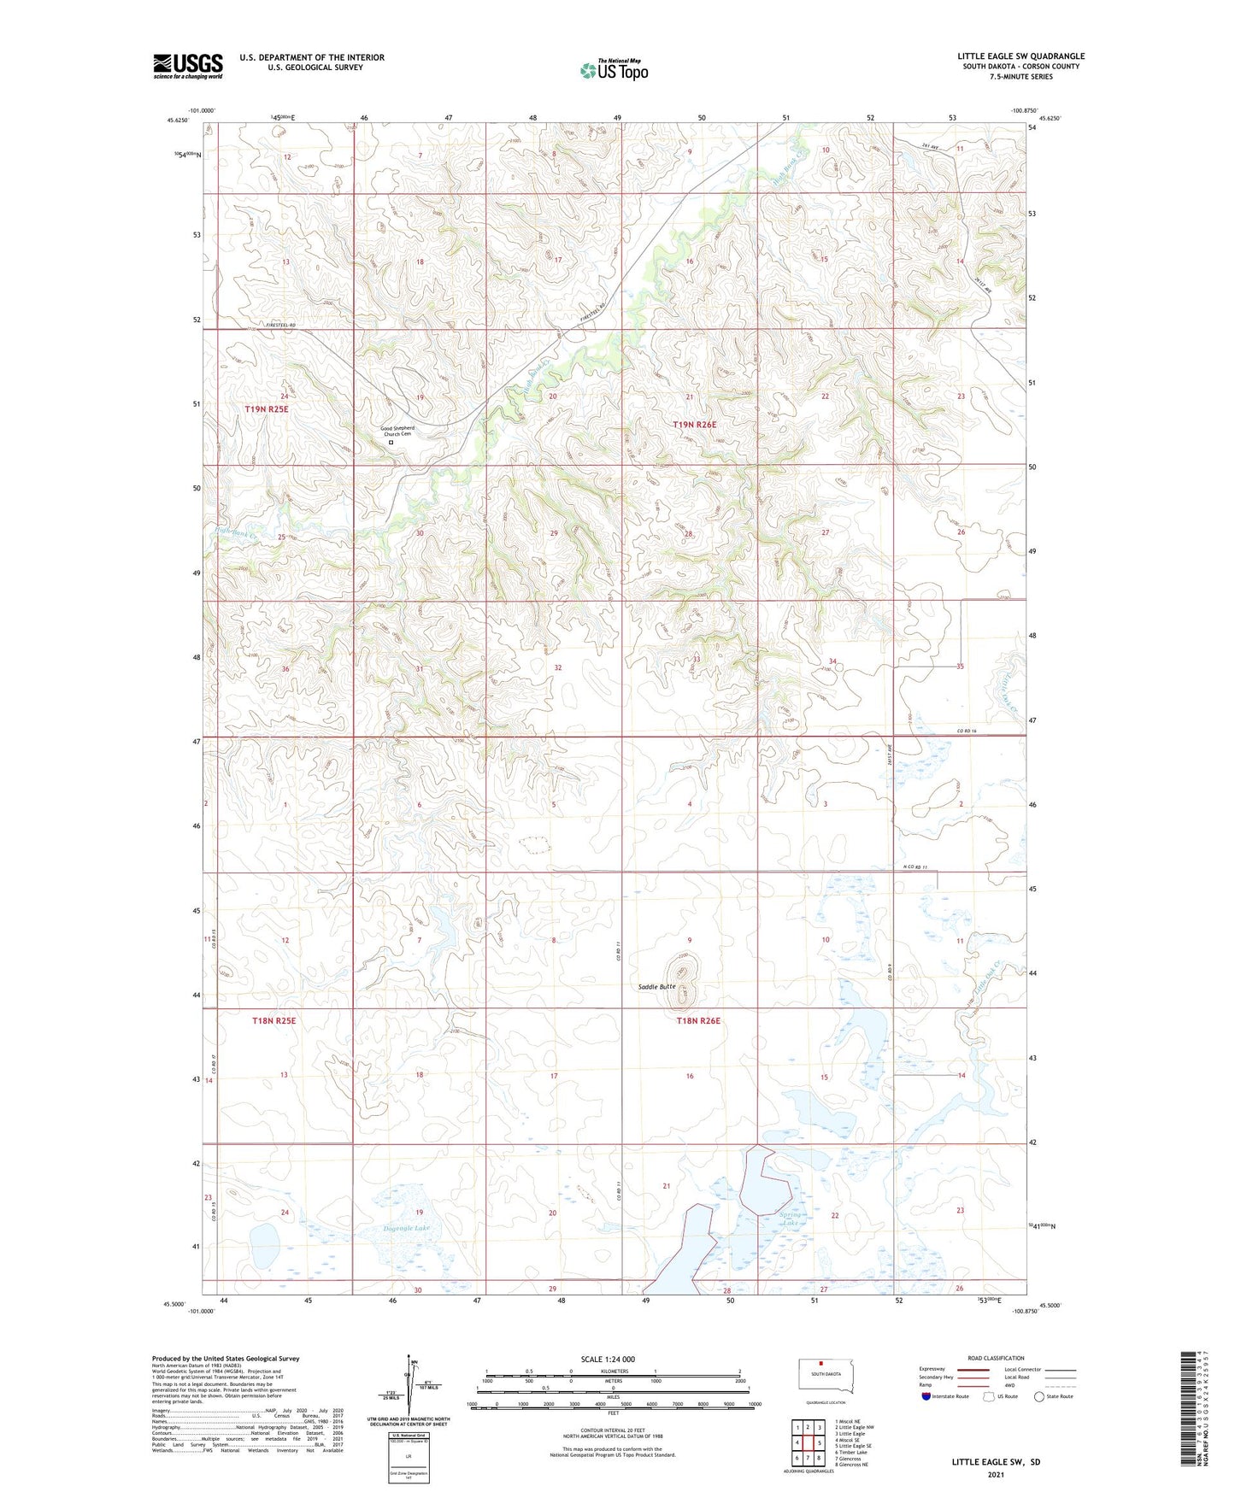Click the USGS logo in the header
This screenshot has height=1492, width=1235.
(188, 65)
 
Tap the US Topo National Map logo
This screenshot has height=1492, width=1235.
(614, 69)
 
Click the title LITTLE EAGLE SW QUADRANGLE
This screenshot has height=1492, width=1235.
(1020, 56)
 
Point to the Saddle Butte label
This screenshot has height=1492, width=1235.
(657, 986)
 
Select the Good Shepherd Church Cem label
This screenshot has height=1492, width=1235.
(397, 431)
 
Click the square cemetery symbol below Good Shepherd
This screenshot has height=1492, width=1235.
(391, 443)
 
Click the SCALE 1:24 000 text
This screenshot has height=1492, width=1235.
(608, 1359)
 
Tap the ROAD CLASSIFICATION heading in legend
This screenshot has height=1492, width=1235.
(997, 1358)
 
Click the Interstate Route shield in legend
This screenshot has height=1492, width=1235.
(926, 1396)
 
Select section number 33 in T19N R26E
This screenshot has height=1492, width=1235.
(697, 660)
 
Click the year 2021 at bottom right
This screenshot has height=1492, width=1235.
(996, 1474)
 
